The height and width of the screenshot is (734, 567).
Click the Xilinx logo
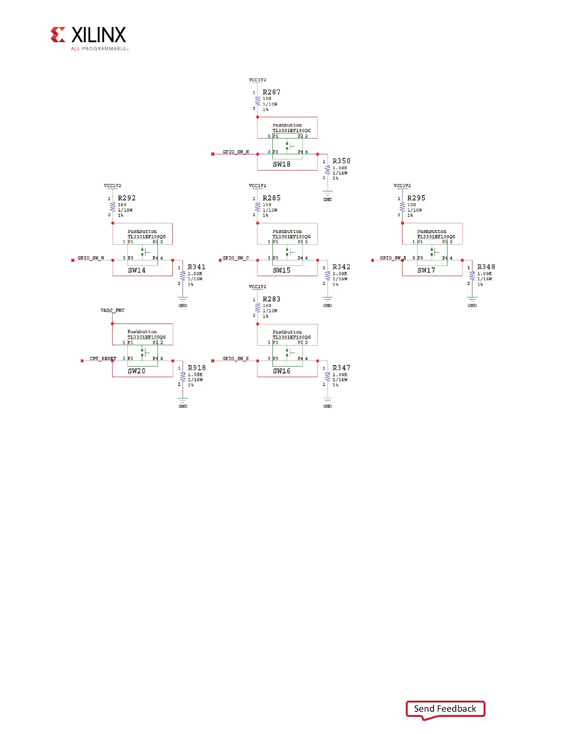click(x=88, y=38)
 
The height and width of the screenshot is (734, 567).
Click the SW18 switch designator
click(x=282, y=165)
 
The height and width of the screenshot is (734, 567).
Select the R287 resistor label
click(x=271, y=92)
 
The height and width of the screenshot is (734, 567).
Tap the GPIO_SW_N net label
click(x=236, y=152)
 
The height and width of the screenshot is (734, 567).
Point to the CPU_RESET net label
click(x=103, y=359)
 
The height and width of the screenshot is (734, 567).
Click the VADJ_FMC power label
click(x=112, y=310)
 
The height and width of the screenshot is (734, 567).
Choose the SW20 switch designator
click(x=137, y=371)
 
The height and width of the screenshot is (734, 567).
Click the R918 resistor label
click(x=196, y=368)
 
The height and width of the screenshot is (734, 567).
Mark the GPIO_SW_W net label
click(x=91, y=258)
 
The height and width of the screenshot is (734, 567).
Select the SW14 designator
click(x=137, y=271)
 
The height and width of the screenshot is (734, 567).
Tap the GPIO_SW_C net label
click(x=236, y=258)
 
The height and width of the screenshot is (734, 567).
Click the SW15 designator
click(x=282, y=271)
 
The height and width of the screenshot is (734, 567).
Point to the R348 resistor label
click(x=486, y=267)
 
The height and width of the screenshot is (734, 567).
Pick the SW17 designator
click(x=426, y=271)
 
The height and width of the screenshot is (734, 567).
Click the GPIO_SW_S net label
click(x=236, y=359)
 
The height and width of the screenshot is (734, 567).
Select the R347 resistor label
click(x=341, y=368)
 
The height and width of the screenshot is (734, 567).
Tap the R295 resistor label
click(x=416, y=198)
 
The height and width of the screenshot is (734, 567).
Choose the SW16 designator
click(x=282, y=371)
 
